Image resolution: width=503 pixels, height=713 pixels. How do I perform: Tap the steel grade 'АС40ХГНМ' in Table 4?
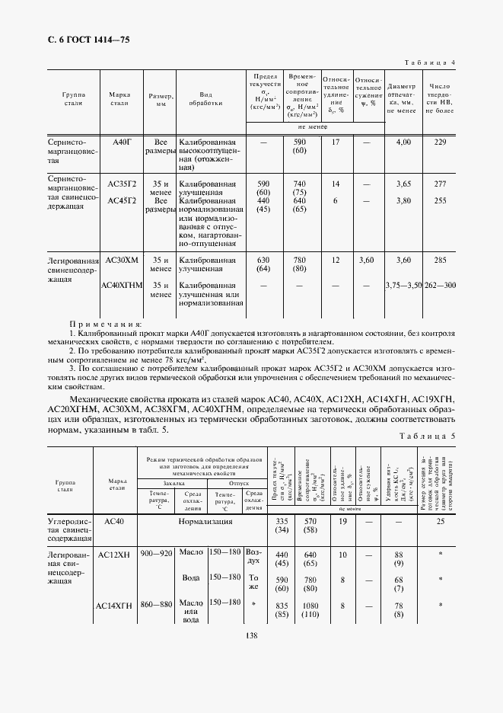(x=122, y=285)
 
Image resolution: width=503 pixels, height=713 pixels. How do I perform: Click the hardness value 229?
(x=439, y=142)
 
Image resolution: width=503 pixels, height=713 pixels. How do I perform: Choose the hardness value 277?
(x=439, y=184)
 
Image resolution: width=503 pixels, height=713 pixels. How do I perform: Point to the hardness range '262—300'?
(x=439, y=285)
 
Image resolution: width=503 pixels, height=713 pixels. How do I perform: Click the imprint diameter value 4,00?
(x=403, y=142)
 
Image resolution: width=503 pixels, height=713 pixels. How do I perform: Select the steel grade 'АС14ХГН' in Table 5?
(x=115, y=606)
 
